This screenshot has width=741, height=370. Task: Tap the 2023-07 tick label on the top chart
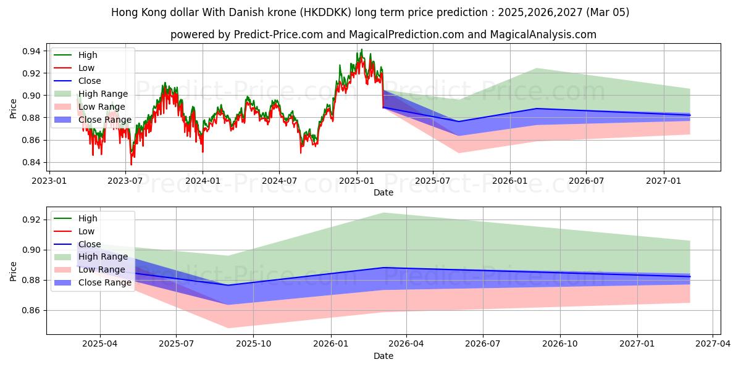coord(125,181)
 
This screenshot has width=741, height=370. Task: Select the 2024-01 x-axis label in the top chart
coord(203,181)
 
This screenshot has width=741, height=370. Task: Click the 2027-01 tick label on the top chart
coord(664,181)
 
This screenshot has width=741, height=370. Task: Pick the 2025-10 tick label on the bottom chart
coord(254,343)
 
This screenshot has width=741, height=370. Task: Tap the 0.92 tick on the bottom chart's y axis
coord(32,220)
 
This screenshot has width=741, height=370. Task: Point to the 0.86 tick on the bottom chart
coord(32,311)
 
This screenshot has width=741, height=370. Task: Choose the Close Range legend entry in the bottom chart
coord(104,282)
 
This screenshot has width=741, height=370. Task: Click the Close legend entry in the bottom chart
coord(89,244)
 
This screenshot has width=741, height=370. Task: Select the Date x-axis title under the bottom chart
coord(383,356)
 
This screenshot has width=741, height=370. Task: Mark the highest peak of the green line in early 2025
coord(361,49)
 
